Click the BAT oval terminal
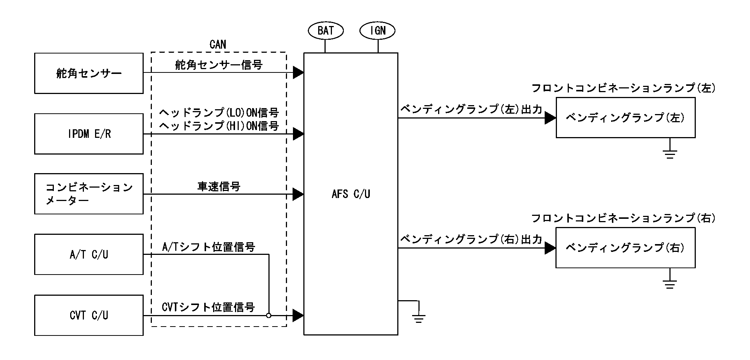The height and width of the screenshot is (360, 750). click(326, 30)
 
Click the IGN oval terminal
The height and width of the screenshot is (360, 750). click(378, 30)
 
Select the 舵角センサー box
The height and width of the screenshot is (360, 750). click(89, 73)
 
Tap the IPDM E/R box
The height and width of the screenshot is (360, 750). click(89, 134)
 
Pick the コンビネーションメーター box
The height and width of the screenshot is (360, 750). click(89, 194)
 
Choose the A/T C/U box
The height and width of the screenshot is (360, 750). click(89, 254)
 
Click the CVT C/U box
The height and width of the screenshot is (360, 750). click(89, 315)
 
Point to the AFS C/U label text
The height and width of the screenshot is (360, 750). click(350, 194)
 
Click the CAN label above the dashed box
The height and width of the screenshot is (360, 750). click(218, 45)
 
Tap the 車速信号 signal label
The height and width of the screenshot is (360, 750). click(219, 187)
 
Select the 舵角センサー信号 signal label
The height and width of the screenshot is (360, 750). click(219, 65)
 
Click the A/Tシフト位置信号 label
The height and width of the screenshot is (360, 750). click(208, 247)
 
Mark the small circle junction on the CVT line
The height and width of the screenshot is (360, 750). click(269, 315)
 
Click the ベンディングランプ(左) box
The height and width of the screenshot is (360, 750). click(625, 118)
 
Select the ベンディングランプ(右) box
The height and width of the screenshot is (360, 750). click(625, 248)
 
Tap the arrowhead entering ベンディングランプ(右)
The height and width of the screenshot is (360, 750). click(550, 248)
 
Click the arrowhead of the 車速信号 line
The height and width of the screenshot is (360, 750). click(298, 194)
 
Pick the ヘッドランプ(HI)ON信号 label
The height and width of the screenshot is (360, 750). click(219, 126)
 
